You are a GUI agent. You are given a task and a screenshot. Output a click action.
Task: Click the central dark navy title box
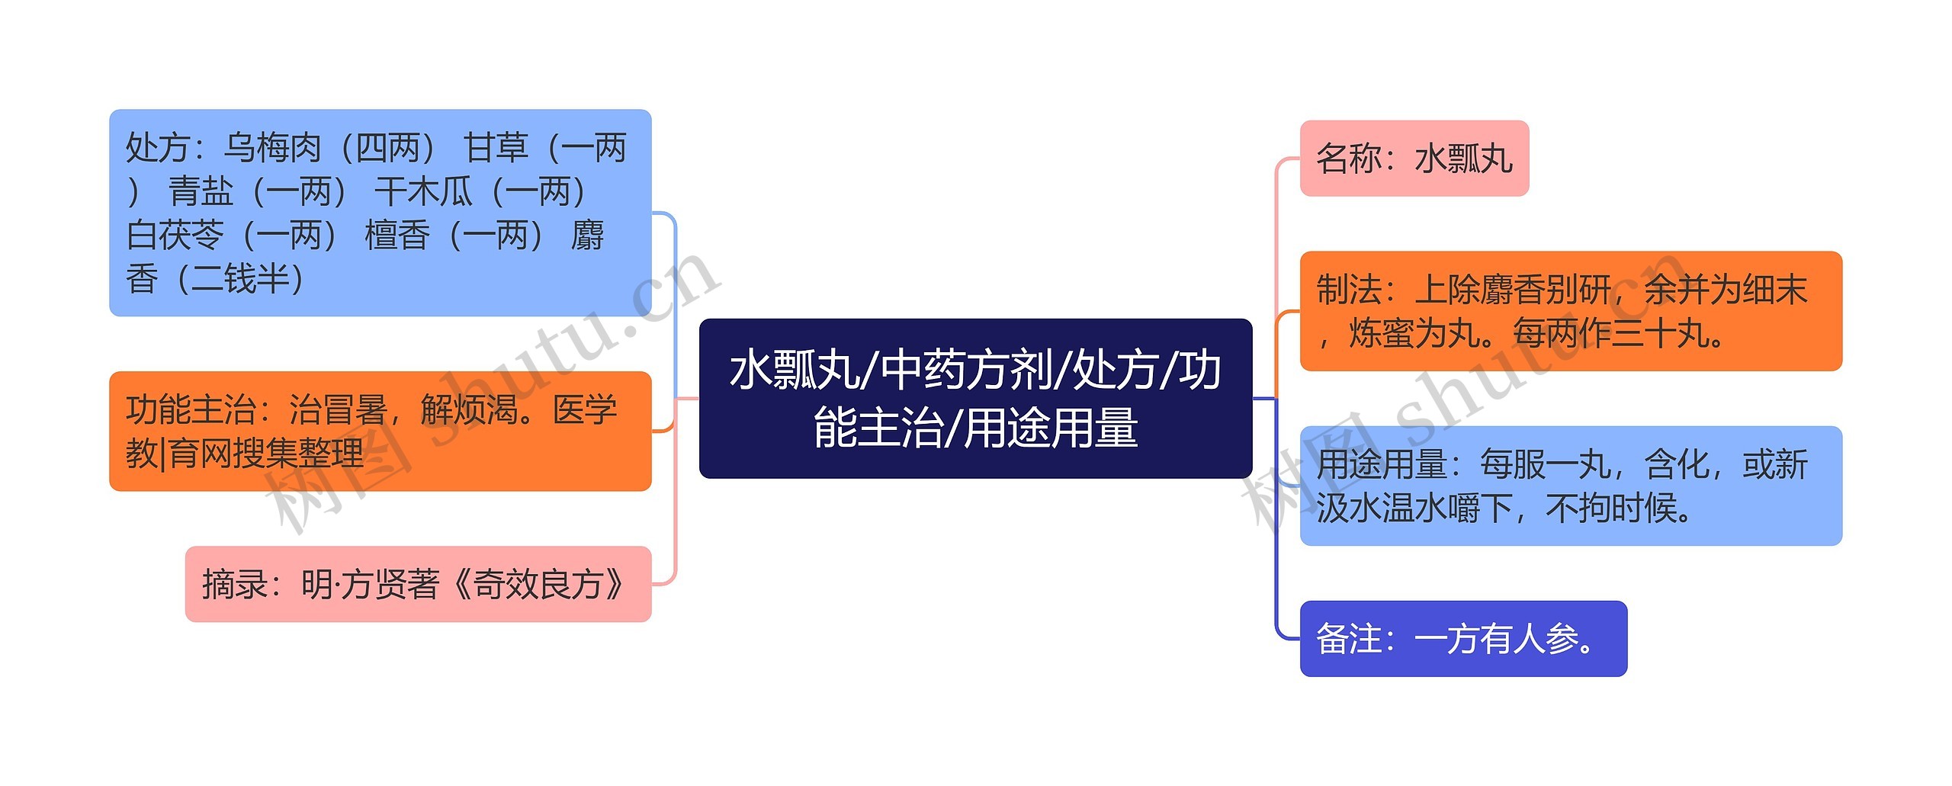tap(975, 398)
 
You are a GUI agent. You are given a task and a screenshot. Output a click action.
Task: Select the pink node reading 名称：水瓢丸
tap(1414, 159)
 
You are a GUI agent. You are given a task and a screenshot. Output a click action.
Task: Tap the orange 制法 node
tap(1570, 311)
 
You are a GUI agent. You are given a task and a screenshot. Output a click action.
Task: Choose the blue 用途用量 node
tap(1570, 486)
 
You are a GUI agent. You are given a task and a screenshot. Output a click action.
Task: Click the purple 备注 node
tap(1462, 639)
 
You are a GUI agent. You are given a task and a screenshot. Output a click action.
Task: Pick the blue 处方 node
tap(380, 213)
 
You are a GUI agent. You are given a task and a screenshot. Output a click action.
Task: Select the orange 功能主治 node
tap(380, 431)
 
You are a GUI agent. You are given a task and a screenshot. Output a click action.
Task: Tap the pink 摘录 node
tap(418, 585)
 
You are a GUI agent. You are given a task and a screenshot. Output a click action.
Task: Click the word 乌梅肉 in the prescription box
tap(272, 148)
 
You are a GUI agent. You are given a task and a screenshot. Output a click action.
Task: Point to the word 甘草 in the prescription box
tap(496, 148)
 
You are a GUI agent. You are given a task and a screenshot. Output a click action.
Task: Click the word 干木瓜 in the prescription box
tap(424, 192)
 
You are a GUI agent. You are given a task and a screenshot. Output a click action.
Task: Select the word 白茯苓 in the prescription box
tap(175, 236)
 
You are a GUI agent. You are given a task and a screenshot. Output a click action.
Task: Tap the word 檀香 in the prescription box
tap(397, 236)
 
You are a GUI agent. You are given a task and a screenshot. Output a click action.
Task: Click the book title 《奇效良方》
tap(538, 585)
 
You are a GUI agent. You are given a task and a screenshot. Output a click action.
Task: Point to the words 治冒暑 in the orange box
tap(338, 410)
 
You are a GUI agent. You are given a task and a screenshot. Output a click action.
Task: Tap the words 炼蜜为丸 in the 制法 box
tap(1414, 333)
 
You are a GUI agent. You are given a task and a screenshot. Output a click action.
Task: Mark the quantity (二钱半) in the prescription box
tap(240, 279)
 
